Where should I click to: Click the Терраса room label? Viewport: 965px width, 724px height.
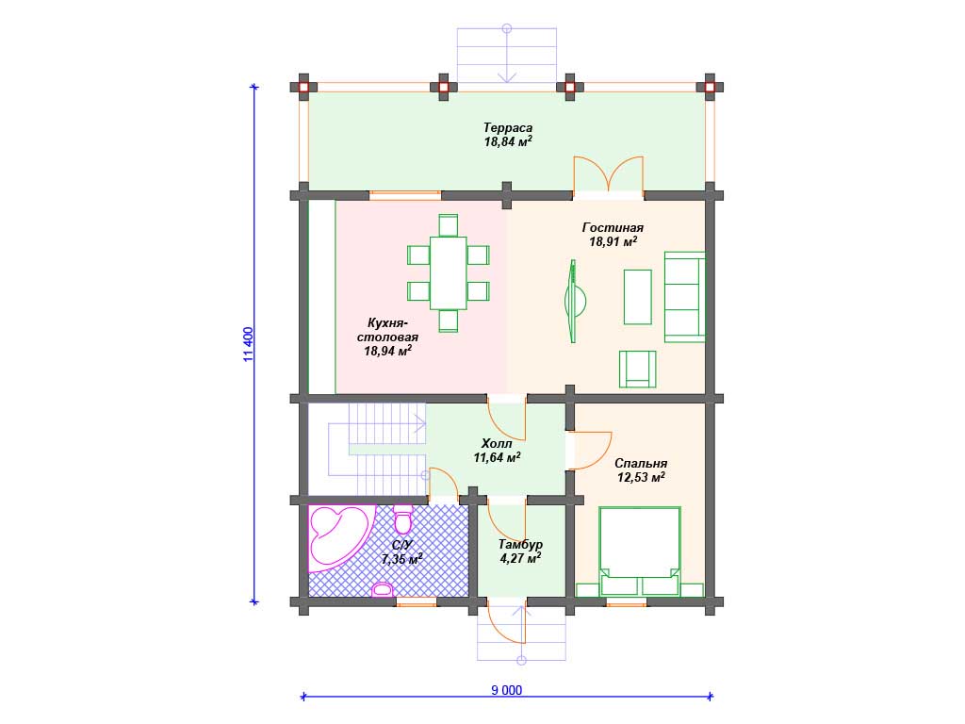point(508,128)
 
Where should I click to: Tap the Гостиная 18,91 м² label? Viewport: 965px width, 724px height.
point(613,235)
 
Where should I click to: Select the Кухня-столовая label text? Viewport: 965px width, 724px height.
point(387,330)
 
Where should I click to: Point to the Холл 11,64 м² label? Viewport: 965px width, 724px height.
point(497,451)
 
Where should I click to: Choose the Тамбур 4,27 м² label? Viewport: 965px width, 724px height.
point(520,551)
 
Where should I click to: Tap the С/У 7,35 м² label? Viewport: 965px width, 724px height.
point(401,552)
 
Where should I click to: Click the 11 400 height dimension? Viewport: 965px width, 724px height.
point(248,344)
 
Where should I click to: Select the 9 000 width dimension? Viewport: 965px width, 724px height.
point(506,690)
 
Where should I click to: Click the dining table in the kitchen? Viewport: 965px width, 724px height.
point(448,272)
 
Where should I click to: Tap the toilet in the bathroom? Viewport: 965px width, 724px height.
point(403,518)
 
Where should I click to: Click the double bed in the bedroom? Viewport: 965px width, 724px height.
point(640,551)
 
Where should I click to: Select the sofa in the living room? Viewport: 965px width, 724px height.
point(684,297)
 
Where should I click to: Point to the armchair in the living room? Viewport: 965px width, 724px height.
point(637,369)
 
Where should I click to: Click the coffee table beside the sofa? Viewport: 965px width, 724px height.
point(638,297)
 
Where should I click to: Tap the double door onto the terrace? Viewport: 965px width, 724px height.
point(609,175)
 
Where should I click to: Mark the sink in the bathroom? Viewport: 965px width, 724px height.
point(383,589)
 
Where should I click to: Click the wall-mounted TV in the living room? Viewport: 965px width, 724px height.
point(574,301)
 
